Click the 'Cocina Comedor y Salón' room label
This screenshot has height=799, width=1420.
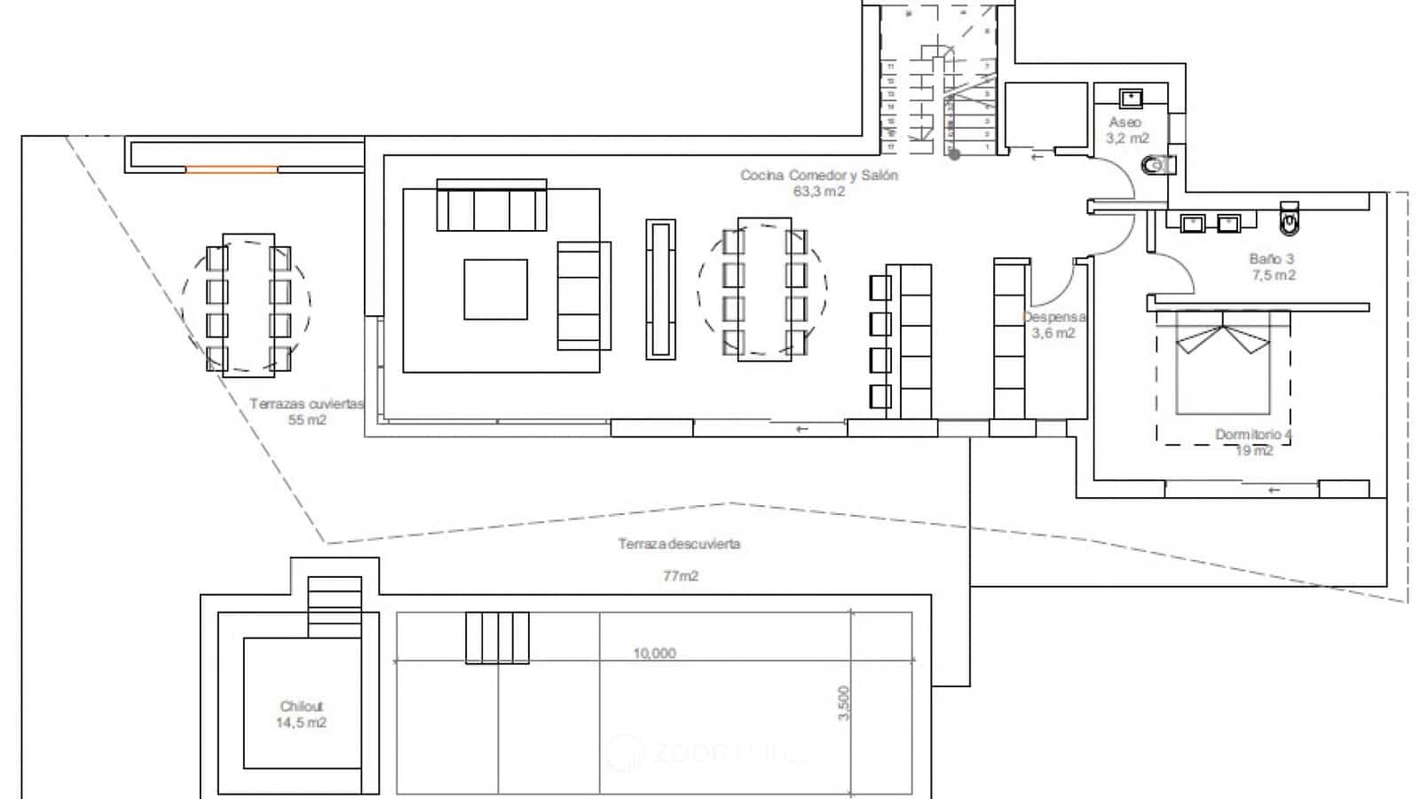[819, 176]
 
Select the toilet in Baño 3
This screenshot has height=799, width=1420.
[1290, 218]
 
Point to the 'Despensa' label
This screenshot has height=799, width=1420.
[1054, 317]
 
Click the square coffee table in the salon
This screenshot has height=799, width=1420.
[495, 289]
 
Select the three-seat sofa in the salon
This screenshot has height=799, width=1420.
[491, 207]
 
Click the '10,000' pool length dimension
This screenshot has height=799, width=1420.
[654, 653]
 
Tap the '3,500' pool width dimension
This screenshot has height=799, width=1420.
[843, 703]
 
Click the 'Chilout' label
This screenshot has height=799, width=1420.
[302, 707]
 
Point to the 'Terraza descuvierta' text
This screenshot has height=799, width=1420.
[679, 544]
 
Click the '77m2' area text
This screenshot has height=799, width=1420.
[681, 576]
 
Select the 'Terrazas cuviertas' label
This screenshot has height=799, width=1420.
[306, 404]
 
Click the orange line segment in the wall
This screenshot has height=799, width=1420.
[231, 170]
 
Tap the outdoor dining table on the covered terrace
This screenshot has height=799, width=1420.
[248, 305]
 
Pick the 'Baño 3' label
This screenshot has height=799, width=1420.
[1271, 259]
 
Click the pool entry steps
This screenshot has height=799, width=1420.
[497, 637]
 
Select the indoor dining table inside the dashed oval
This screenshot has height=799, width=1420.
[763, 289]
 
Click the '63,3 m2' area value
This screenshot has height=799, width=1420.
[819, 192]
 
